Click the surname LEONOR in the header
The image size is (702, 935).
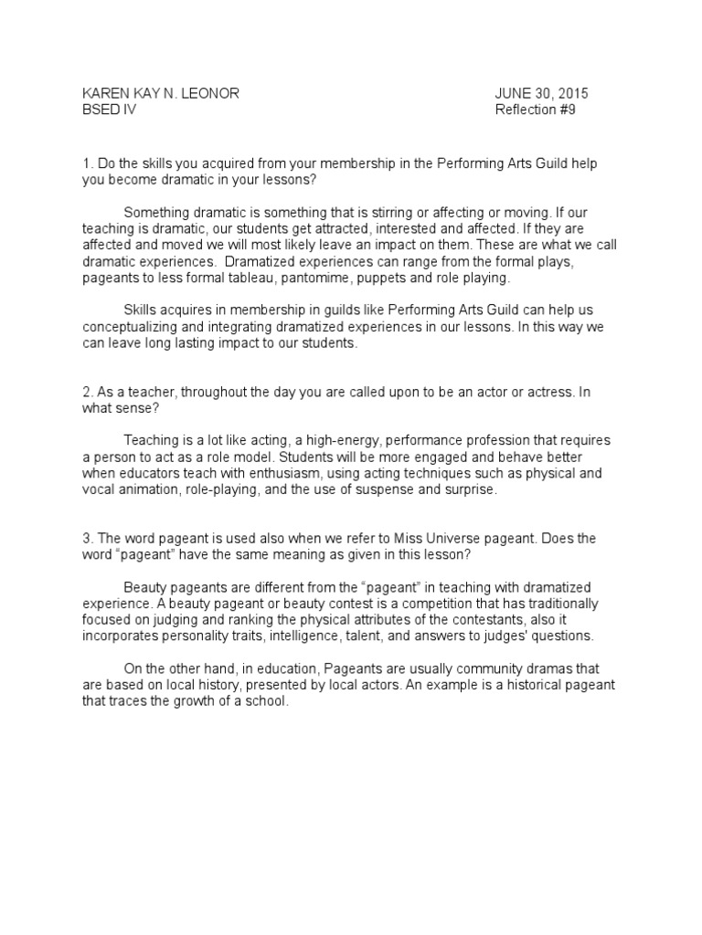211,94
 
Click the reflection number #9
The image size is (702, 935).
568,110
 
